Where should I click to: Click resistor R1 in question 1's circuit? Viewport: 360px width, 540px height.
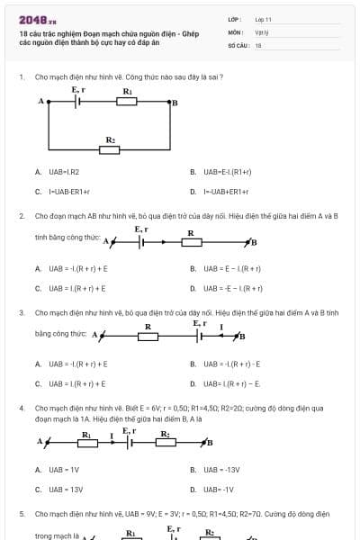click(127, 102)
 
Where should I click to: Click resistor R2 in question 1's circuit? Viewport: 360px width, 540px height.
click(110, 149)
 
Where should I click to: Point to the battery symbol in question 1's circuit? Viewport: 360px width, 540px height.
click(78, 102)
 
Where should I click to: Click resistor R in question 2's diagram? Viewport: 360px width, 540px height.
click(190, 241)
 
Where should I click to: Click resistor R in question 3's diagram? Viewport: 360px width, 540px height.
click(148, 336)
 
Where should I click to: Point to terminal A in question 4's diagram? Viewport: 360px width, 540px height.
click(42, 442)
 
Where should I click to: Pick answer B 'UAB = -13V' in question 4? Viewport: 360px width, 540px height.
click(220, 470)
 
